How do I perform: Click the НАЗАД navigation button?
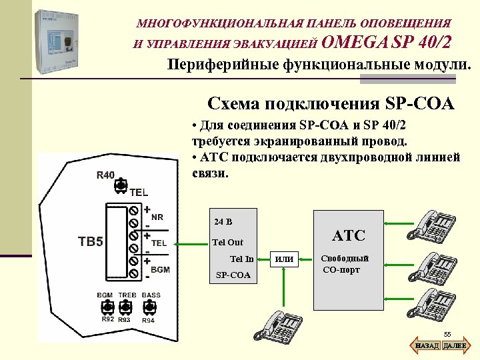[x=427, y=346]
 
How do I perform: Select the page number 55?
[x=447, y=334]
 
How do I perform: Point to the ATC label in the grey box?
[x=349, y=235]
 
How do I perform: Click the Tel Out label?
[x=227, y=242]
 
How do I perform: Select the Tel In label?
[x=241, y=259]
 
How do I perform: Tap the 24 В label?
[x=224, y=221]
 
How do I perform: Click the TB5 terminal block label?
[x=91, y=241]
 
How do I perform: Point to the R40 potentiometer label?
[x=105, y=175]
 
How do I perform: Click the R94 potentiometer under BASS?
[x=149, y=307]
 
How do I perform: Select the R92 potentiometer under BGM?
[x=105, y=307]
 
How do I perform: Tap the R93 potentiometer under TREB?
[x=126, y=307]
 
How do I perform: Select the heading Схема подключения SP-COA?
[x=331, y=104]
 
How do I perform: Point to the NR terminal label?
[x=157, y=217]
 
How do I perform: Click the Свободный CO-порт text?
[x=345, y=264]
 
